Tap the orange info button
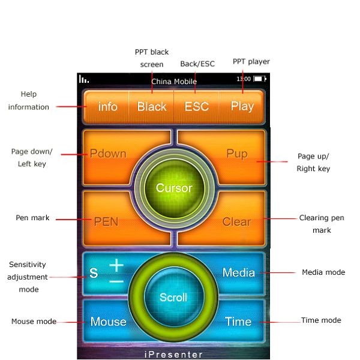tap(108, 107)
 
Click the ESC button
tap(197, 107)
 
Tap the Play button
tap(242, 107)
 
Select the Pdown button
tap(109, 154)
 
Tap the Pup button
tap(237, 154)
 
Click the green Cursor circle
tap(174, 188)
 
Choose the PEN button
tap(106, 221)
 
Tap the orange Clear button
tap(236, 221)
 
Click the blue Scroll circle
tap(173, 297)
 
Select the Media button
tap(239, 272)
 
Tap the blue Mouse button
tap(108, 322)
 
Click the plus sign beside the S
tap(116, 265)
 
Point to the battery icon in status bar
tap(259, 79)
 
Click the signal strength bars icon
tap(83, 79)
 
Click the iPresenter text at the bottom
tap(174, 355)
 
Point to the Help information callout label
tap(29, 101)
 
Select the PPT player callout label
tap(251, 61)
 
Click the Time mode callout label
tap(321, 320)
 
